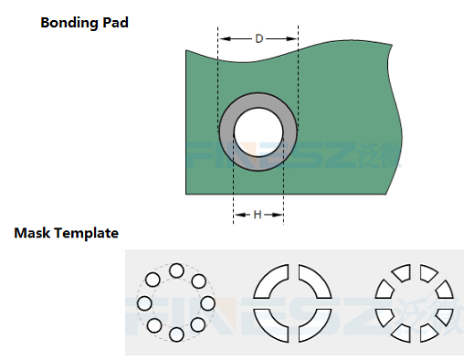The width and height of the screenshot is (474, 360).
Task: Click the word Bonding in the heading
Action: [69, 23]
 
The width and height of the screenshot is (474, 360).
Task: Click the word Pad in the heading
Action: [115, 22]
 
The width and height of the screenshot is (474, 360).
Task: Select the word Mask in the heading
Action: [32, 233]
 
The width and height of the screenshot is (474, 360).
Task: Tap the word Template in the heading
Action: [86, 234]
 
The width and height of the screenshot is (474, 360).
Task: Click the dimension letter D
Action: [258, 38]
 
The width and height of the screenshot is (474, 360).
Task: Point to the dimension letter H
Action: [258, 215]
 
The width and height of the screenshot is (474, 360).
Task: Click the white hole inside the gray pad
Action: [258, 132]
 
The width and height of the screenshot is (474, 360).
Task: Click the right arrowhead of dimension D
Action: [291, 38]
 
